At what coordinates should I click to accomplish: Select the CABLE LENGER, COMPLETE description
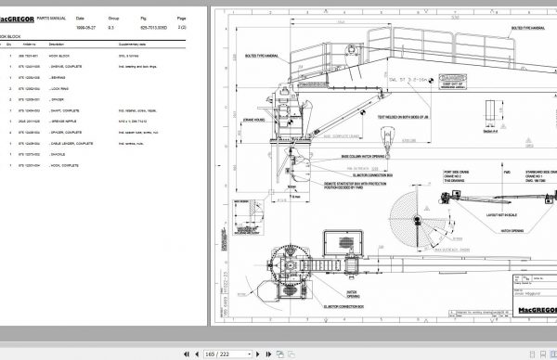[x=71, y=143]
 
